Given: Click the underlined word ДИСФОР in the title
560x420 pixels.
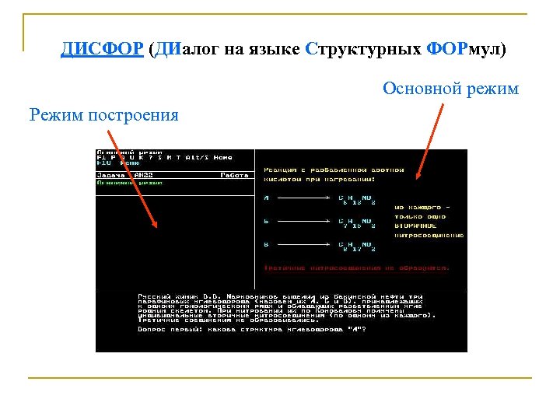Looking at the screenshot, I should [102, 50].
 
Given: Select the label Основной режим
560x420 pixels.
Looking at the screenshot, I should [450, 89].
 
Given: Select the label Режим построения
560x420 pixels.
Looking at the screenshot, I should [103, 116].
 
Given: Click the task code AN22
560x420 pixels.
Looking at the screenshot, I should [144, 176].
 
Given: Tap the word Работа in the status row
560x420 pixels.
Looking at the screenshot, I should [233, 176].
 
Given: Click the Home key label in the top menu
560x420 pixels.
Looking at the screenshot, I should [223, 157].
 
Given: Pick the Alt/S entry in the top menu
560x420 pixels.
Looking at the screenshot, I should [198, 157].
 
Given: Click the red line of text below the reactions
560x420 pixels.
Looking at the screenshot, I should [356, 268].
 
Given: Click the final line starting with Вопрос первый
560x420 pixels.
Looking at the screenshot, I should [251, 329].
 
